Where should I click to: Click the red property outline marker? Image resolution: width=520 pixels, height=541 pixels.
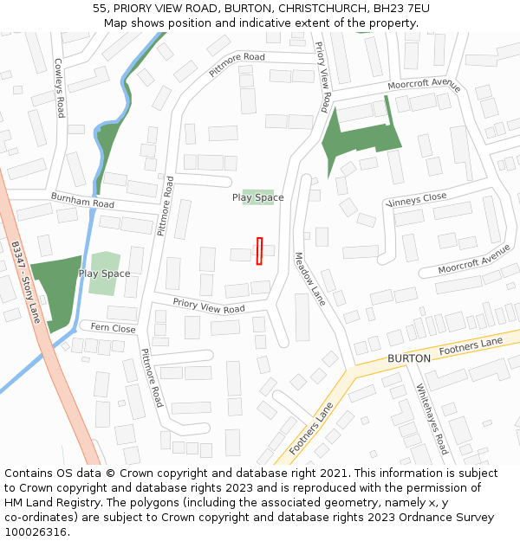[x=259, y=251]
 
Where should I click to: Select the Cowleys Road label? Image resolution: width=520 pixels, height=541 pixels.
[x=59, y=88]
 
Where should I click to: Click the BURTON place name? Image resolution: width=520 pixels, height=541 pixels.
[x=409, y=357]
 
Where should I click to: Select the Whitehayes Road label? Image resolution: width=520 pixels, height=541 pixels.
[x=432, y=419]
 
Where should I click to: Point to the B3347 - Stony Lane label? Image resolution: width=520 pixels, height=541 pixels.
[x=27, y=281]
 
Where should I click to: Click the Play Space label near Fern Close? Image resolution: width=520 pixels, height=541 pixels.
[x=104, y=274]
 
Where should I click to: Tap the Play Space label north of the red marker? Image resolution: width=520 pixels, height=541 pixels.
[x=257, y=197]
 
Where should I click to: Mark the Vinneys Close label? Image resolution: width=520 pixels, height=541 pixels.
[x=417, y=200]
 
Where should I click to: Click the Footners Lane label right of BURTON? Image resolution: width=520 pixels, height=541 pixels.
[x=471, y=347]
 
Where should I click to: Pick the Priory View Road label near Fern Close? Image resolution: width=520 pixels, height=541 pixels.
[x=209, y=306]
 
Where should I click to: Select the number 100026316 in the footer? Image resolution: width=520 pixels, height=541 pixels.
[x=36, y=532]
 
